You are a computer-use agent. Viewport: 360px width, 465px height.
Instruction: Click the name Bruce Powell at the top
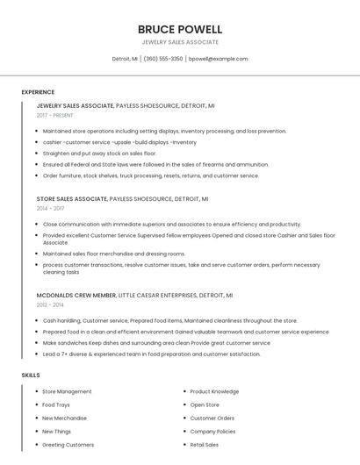tap(180, 29)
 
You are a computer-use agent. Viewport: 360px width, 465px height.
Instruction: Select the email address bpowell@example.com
tap(219, 59)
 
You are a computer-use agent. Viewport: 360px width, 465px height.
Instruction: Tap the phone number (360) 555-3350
tap(163, 59)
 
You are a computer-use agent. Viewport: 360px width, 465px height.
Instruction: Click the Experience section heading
tap(38, 92)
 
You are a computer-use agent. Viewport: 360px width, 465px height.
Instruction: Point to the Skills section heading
tap(31, 376)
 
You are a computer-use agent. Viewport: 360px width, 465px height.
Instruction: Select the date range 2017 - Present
tap(55, 115)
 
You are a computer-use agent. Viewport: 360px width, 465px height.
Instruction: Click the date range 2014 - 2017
tap(50, 209)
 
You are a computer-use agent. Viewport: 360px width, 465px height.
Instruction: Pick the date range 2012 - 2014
tap(50, 304)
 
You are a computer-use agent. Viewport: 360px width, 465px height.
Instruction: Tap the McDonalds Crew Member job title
tap(76, 295)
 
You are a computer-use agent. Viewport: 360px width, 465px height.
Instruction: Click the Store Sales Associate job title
tap(73, 199)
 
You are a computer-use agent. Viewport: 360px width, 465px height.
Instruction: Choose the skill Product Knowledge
tap(214, 391)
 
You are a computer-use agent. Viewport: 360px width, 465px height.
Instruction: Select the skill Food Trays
tap(56, 404)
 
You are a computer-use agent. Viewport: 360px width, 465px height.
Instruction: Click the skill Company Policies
tap(212, 431)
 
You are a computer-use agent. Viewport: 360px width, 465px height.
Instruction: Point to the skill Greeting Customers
tap(68, 445)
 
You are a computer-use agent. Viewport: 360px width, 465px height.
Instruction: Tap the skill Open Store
tap(205, 404)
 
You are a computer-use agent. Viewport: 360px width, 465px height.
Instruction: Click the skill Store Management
tap(67, 391)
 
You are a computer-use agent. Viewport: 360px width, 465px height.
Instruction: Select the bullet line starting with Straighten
tap(99, 153)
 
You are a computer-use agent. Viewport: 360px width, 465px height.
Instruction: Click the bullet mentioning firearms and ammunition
tap(155, 164)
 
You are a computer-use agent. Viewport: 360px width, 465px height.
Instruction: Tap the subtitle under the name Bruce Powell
tap(180, 42)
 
